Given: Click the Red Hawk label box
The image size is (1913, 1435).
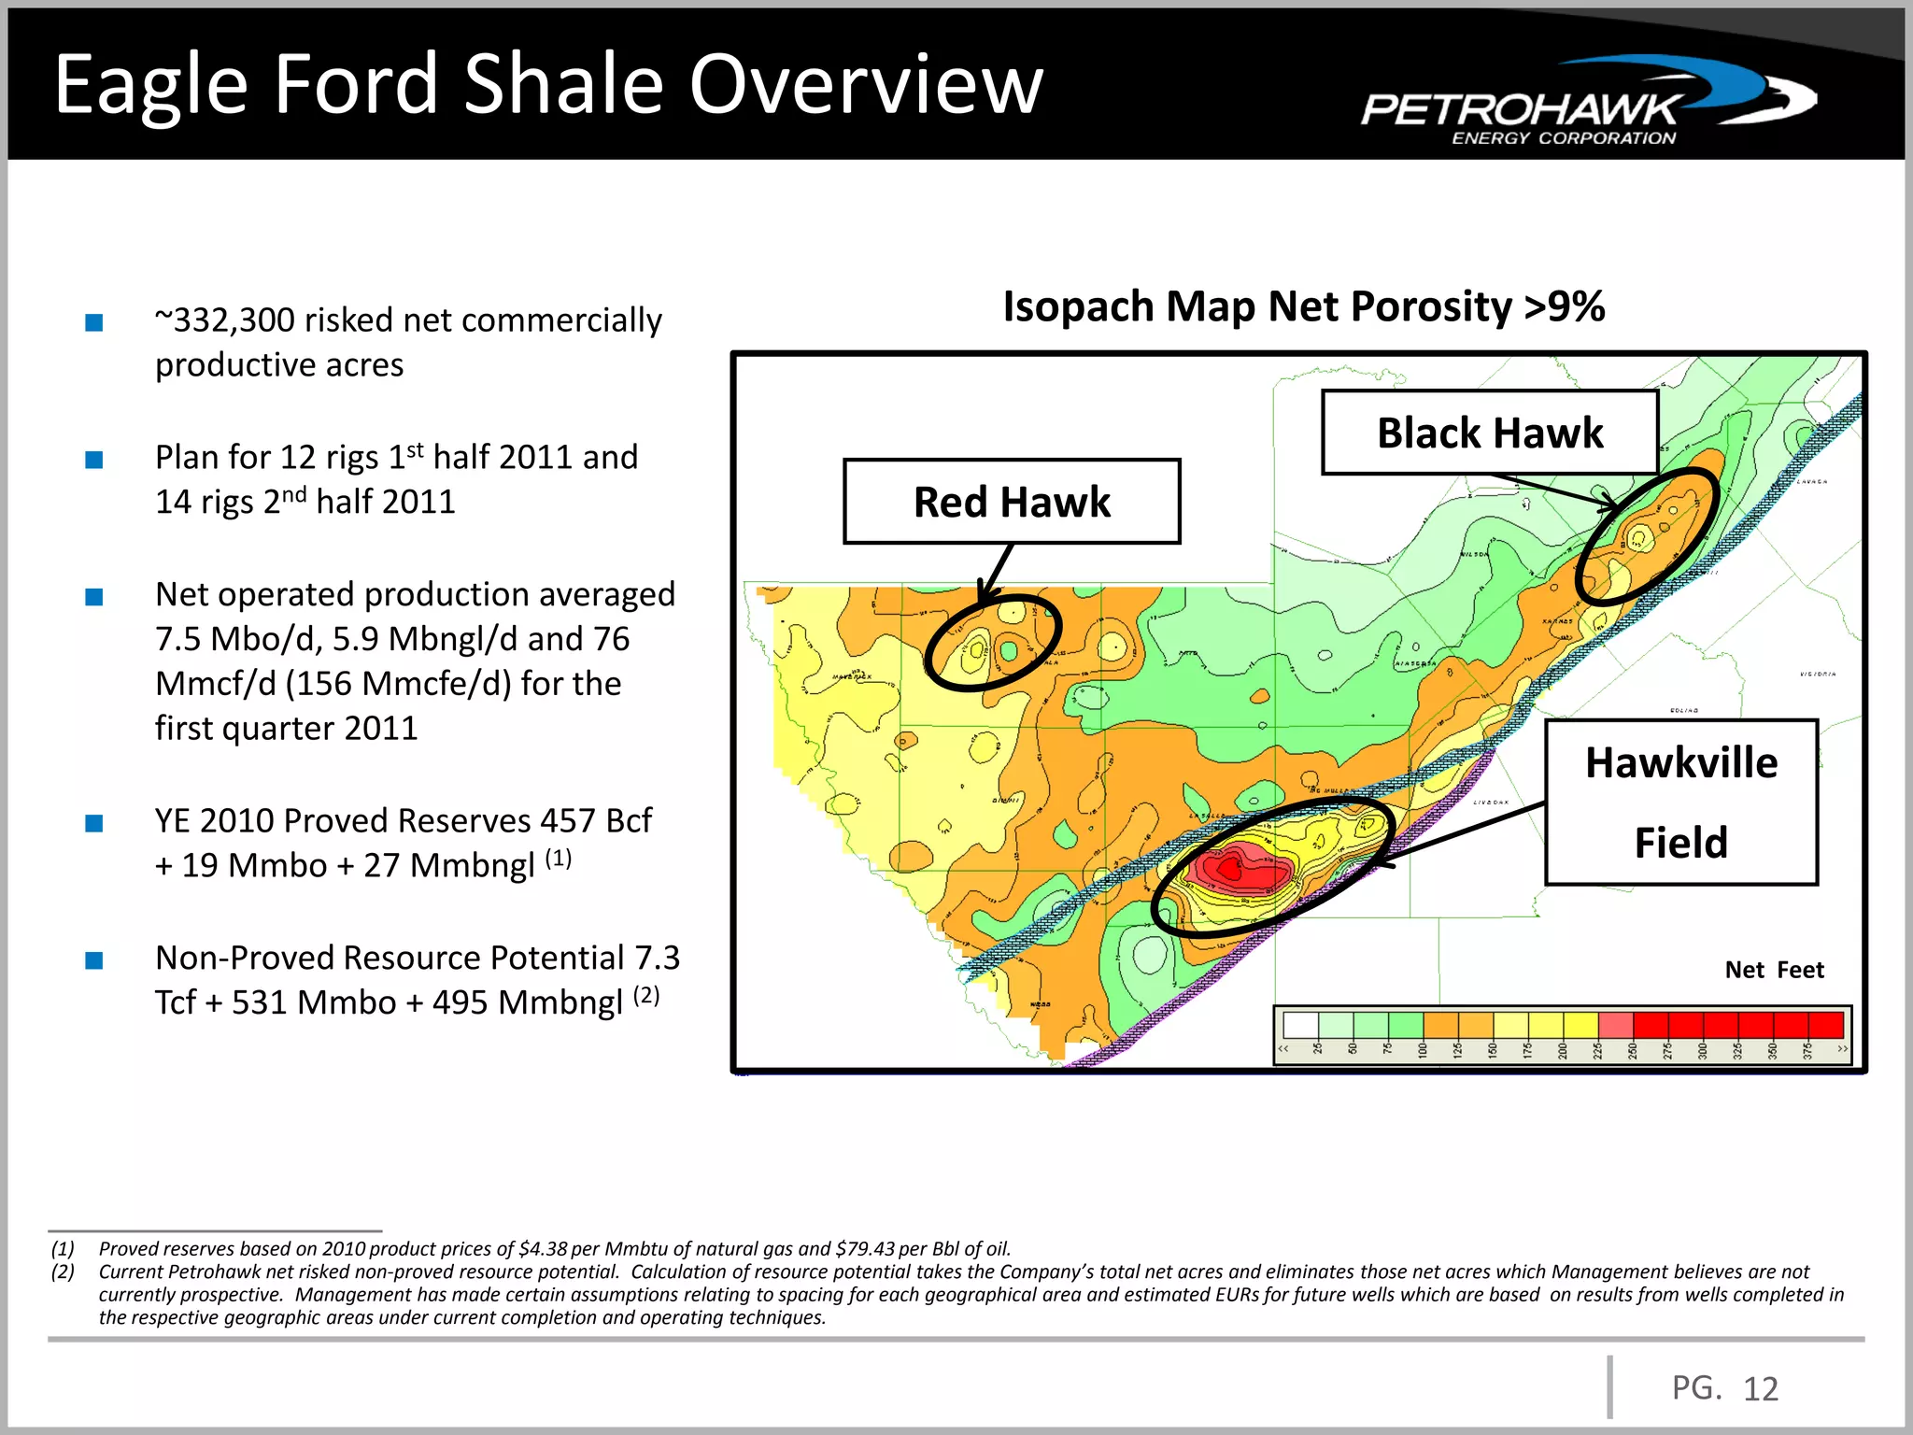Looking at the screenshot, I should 1012,502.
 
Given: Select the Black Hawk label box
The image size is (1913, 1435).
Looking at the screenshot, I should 1489,433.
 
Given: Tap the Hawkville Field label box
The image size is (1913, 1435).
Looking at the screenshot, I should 1680,802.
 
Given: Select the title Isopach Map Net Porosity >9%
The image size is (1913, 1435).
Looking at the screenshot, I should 1303,306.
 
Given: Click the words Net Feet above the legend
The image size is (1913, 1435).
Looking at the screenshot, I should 1773,970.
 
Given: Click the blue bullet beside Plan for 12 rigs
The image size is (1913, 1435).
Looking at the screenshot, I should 93,460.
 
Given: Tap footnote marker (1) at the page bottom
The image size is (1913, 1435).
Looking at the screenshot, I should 63,1249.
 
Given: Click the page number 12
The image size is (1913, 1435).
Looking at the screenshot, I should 1761,1389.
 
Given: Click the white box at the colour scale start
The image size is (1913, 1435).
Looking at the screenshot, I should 1300,1025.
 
